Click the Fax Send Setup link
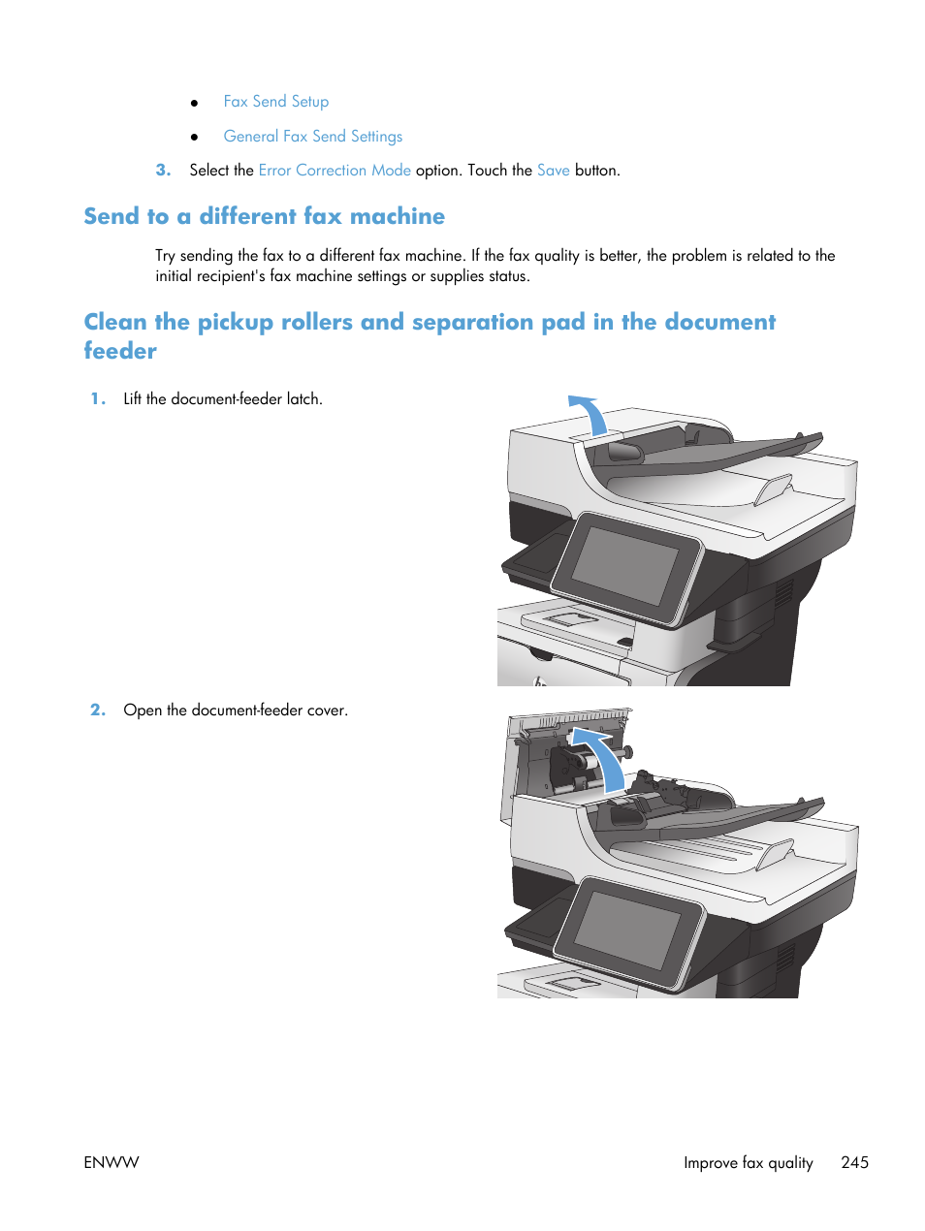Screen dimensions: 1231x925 click(275, 102)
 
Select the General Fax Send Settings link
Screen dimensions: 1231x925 click(312, 137)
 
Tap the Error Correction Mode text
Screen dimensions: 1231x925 click(335, 171)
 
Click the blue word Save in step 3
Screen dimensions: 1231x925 click(553, 171)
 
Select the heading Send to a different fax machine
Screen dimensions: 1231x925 click(264, 216)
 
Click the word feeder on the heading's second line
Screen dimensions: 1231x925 click(120, 351)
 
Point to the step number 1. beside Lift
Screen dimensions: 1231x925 click(98, 399)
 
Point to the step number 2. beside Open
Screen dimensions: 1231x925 click(98, 710)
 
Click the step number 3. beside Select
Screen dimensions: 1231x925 click(163, 171)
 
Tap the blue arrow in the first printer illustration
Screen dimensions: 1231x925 click(590, 413)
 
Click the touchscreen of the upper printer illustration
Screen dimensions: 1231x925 click(625, 567)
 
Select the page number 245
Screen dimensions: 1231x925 click(854, 1162)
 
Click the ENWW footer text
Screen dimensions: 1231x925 click(112, 1162)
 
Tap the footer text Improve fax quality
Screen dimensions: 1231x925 click(748, 1162)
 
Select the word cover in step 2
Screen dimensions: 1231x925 click(327, 710)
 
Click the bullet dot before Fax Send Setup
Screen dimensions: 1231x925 click(195, 103)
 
